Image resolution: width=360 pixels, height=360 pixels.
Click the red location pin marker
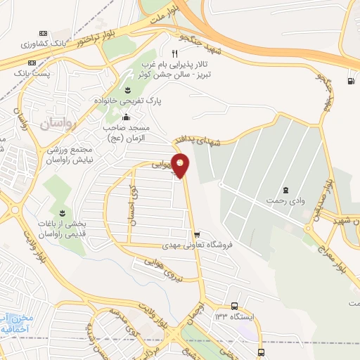(181, 165)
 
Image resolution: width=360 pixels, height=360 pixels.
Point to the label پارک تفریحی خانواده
(129, 101)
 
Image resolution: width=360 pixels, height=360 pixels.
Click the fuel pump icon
(349, 80)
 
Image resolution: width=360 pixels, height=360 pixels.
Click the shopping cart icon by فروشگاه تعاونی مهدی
(197, 234)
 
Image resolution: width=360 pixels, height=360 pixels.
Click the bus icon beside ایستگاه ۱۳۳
(234, 307)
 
